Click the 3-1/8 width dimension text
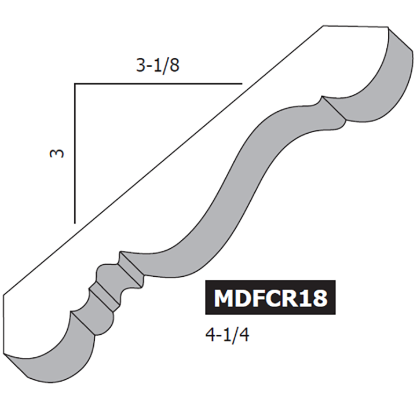tap(157, 65)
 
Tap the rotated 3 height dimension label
tap(57, 153)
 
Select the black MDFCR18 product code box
tap(270, 298)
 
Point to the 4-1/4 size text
tap(226, 335)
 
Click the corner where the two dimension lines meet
tap(75, 84)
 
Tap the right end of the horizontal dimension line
tap(240, 84)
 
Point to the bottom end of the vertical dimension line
tap(75, 222)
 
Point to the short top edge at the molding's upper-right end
tap(354, 26)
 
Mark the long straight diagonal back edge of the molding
tap(162, 168)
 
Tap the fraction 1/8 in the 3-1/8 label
tap(167, 65)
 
